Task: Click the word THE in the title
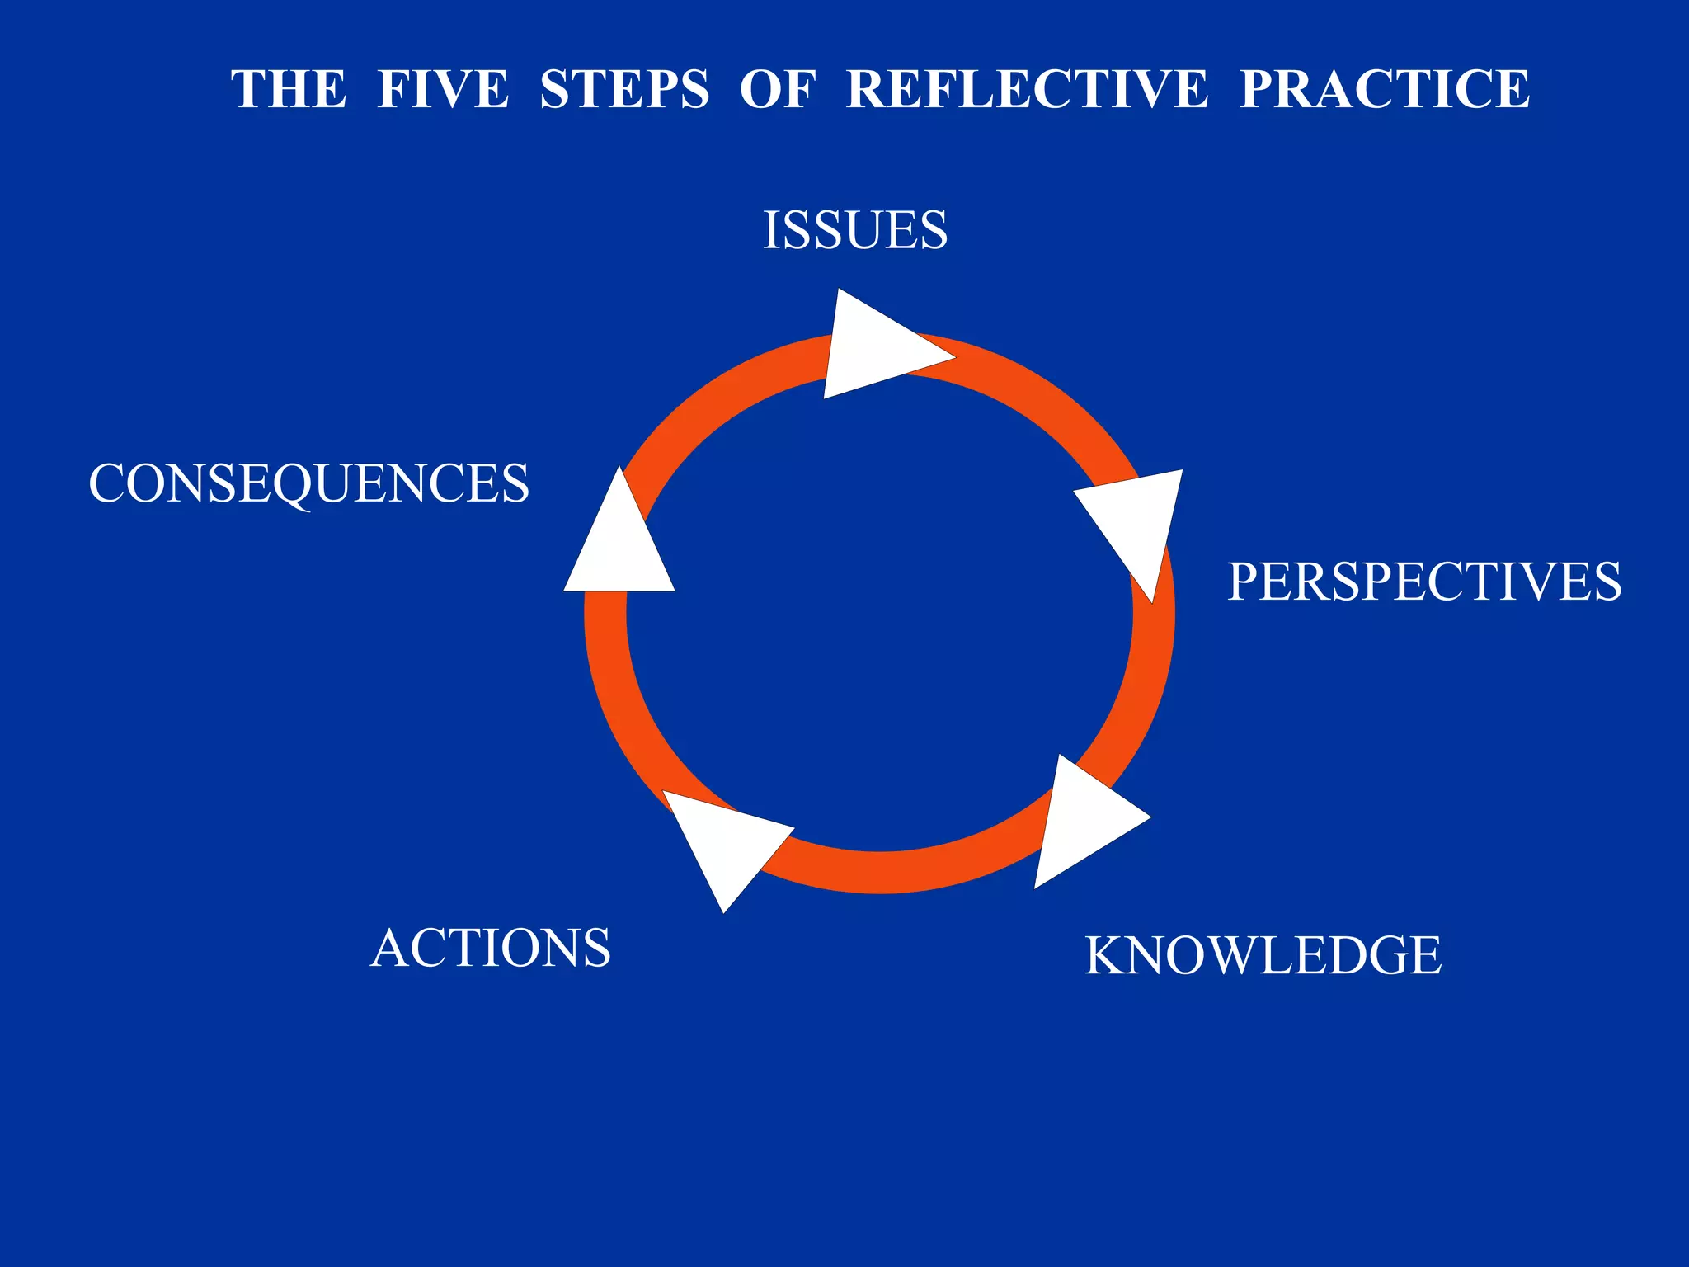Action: [289, 89]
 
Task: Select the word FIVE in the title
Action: [443, 89]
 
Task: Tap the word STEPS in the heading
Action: [624, 89]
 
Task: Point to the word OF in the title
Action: [777, 89]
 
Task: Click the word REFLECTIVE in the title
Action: [1028, 89]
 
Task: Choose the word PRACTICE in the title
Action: [1385, 89]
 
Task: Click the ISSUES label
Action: [855, 230]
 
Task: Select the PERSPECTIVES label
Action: [1424, 582]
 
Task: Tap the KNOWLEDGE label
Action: [1263, 955]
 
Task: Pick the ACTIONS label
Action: [491, 948]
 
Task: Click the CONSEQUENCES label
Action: [308, 483]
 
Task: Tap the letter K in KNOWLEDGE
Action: [1105, 955]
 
